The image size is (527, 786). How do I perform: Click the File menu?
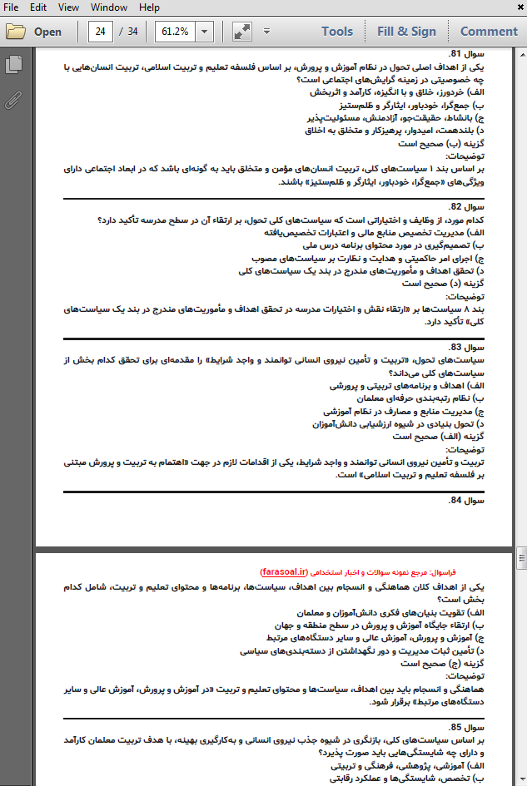(x=11, y=7)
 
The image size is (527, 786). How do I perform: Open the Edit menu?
(x=38, y=7)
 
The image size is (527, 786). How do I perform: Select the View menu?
(x=69, y=7)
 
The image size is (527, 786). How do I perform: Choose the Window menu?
(x=109, y=7)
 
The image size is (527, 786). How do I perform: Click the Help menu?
(x=150, y=7)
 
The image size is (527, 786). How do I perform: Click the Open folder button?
(x=35, y=32)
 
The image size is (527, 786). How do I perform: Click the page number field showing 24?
(x=102, y=32)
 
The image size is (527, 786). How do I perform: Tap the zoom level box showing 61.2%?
(x=176, y=32)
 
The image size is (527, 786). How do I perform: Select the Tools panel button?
(x=337, y=32)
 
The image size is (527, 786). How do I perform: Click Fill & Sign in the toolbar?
(x=406, y=32)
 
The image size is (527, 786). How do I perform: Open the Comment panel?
(x=489, y=32)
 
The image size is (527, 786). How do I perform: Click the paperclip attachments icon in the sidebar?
(x=13, y=101)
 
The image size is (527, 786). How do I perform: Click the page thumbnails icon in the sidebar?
(x=13, y=64)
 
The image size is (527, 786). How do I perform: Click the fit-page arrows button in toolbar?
(x=242, y=32)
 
